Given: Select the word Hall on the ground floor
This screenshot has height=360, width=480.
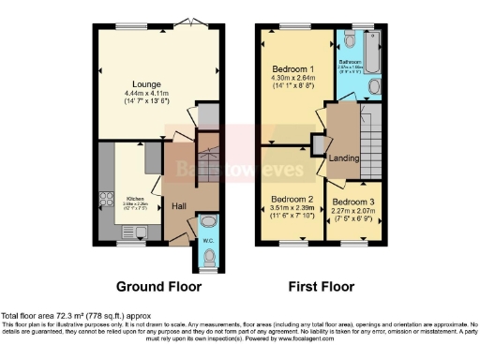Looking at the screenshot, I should click(x=178, y=205).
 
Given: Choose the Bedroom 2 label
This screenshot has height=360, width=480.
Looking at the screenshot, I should click(x=291, y=199).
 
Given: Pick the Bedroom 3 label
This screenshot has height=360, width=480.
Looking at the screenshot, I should click(x=351, y=202).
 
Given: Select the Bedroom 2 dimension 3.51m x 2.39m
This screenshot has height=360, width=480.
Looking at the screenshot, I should click(x=291, y=210).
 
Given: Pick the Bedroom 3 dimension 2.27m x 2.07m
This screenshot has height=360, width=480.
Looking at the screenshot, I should click(x=351, y=213).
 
